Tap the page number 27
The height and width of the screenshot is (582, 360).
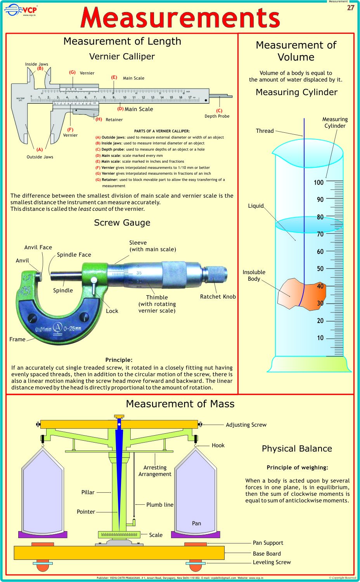pyautogui.click(x=350, y=8)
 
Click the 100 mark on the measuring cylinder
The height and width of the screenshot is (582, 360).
pyautogui.click(x=318, y=182)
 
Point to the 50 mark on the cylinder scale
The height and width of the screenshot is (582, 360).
pyautogui.click(x=320, y=269)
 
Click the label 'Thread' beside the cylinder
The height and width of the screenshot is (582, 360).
pyautogui.click(x=265, y=131)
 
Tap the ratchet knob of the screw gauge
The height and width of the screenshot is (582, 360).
pyautogui.click(x=215, y=273)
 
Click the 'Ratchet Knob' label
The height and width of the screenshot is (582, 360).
pyautogui.click(x=218, y=297)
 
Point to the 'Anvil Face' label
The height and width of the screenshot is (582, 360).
pyautogui.click(x=38, y=247)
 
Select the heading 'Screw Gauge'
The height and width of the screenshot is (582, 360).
pyautogui.click(x=122, y=222)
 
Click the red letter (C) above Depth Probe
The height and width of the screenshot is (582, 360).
pyautogui.click(x=219, y=111)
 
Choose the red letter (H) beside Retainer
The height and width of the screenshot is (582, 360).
pyautogui.click(x=99, y=119)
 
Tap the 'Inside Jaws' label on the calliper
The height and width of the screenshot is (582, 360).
pyautogui.click(x=36, y=64)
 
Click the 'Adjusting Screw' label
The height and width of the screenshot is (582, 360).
pyautogui.click(x=246, y=425)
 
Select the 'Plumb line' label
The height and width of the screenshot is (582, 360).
pyautogui.click(x=159, y=505)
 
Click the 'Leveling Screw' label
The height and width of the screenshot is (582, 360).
pyautogui.click(x=272, y=562)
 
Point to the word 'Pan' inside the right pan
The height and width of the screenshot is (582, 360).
pyautogui.click(x=196, y=523)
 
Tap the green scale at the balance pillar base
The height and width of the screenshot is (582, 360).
pyautogui.click(x=119, y=535)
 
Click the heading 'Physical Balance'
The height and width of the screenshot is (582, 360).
pyautogui.click(x=297, y=448)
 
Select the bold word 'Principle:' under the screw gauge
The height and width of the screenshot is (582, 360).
pyautogui.click(x=119, y=360)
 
